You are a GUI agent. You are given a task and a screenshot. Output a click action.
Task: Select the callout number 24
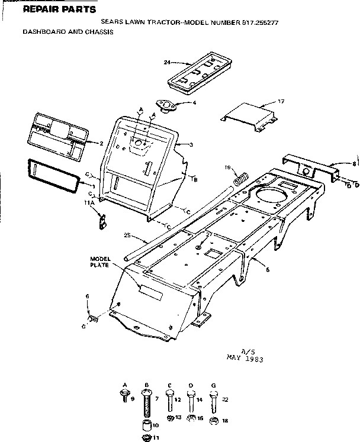tap(168, 62)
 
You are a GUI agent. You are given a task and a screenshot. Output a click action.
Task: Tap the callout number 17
tap(281, 102)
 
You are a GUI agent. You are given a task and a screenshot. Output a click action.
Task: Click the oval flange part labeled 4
tap(169, 105)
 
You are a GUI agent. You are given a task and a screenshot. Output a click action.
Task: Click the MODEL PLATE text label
tap(100, 262)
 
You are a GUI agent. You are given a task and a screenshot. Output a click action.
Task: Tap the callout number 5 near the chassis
tap(268, 270)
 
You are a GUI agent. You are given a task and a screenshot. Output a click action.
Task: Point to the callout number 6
tap(87, 296)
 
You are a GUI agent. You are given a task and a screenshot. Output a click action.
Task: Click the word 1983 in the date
tap(253, 359)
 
